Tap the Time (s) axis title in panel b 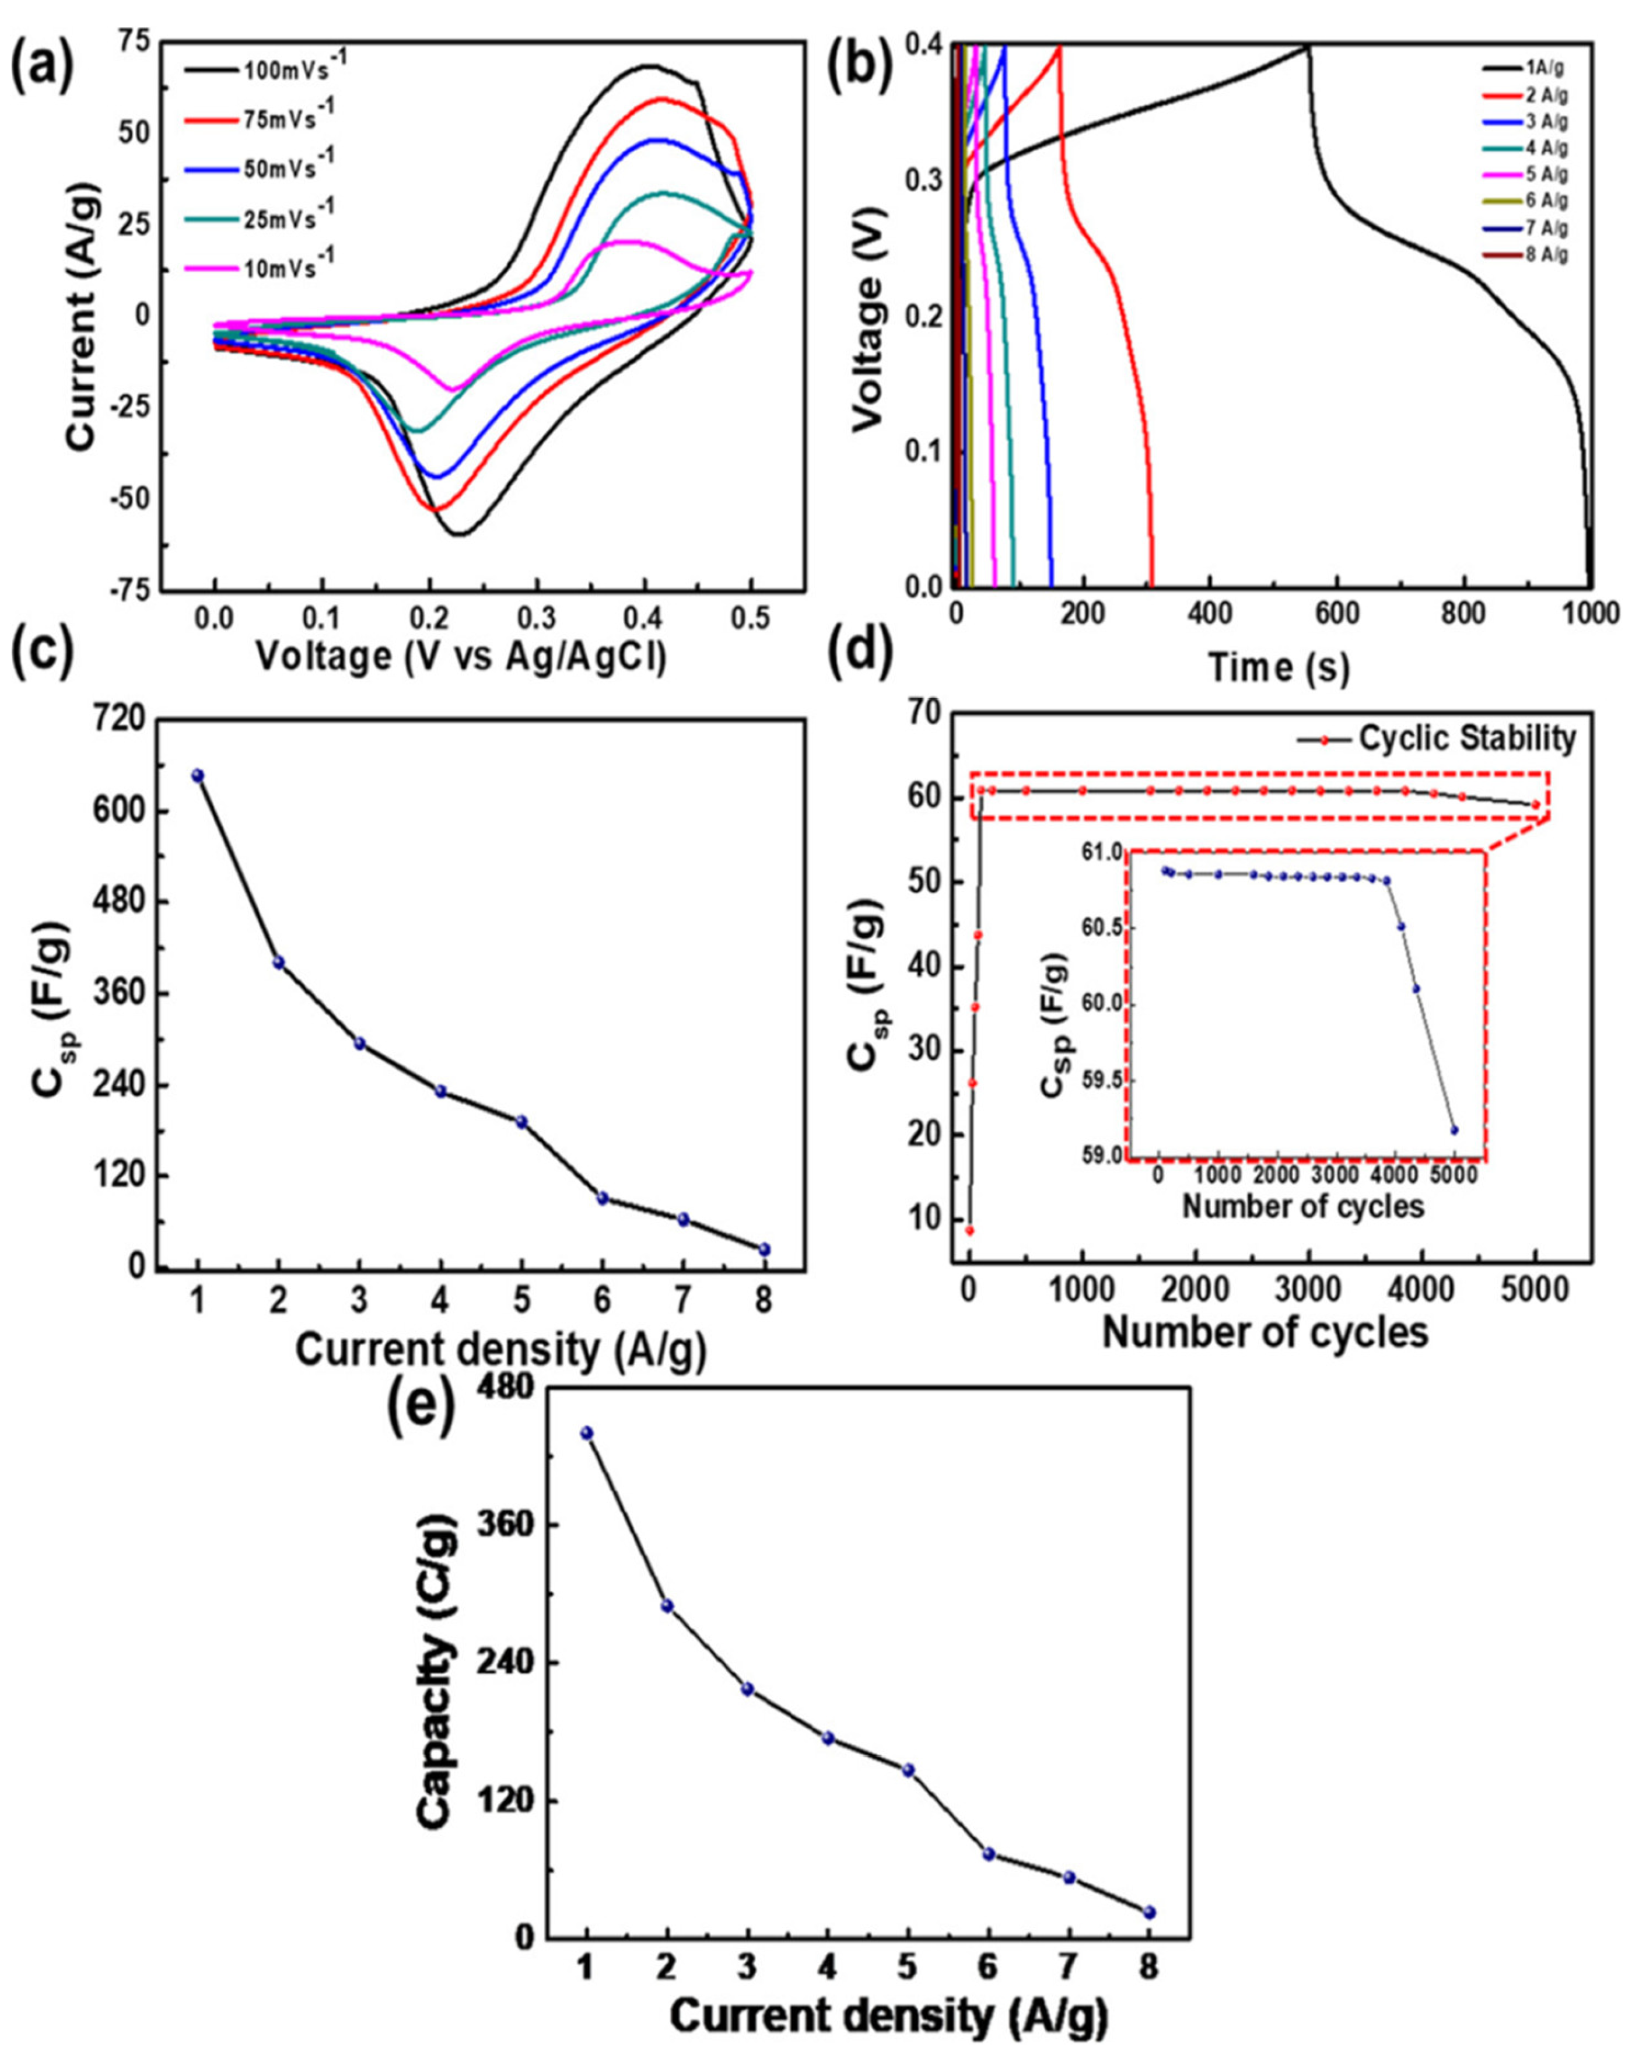(1279, 668)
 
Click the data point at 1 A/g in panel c (198, 775)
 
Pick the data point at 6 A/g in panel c (603, 1198)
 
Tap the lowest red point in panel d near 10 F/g (969, 1230)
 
